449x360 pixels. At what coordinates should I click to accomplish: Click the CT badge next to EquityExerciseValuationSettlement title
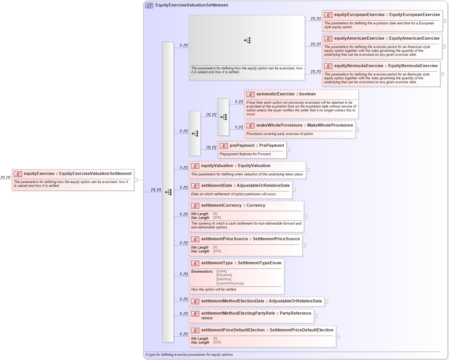point(149,5)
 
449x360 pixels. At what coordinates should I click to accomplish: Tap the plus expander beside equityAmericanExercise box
point(444,47)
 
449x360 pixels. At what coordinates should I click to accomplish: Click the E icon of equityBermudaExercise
point(328,66)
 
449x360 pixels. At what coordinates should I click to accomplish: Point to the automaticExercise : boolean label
point(281,94)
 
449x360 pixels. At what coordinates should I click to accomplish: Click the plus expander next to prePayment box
point(288,150)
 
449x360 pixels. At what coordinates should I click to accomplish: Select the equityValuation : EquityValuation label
point(236,166)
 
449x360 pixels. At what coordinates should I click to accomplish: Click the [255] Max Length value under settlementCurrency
point(217,218)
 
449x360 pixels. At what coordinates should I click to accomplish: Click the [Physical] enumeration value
point(224,275)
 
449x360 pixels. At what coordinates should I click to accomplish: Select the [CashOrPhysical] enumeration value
point(230,283)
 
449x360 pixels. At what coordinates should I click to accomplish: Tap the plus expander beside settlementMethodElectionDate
point(326,302)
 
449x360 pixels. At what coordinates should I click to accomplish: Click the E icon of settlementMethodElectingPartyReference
point(195,313)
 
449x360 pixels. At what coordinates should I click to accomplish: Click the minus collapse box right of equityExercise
point(135,180)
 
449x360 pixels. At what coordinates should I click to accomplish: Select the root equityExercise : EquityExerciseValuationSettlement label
point(77,174)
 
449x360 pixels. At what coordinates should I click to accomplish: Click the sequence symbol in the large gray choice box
point(247,40)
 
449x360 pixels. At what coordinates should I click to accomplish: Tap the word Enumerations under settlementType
point(202,271)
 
